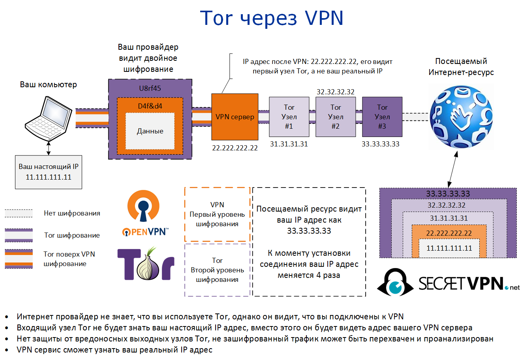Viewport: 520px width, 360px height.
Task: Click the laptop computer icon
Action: (x=48, y=118)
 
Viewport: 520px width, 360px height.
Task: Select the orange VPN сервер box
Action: (x=235, y=117)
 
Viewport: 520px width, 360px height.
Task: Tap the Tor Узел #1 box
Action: (x=289, y=117)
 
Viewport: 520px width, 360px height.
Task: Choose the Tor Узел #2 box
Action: (x=336, y=117)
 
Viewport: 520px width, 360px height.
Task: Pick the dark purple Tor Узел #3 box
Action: (x=382, y=117)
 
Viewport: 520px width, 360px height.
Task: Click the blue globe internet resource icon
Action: (x=461, y=117)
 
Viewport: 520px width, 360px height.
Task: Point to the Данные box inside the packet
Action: (x=150, y=131)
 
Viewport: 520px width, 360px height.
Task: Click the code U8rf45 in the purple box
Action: (x=150, y=88)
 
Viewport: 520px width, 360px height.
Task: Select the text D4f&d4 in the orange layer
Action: (x=150, y=106)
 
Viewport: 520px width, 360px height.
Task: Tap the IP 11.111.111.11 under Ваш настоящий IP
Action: (x=49, y=177)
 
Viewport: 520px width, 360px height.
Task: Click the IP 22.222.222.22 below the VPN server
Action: (x=235, y=148)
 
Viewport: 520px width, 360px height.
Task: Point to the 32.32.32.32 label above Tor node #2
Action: (x=336, y=92)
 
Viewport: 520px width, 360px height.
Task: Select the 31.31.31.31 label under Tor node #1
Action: (x=289, y=144)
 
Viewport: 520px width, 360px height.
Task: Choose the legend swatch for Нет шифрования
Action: (x=19, y=213)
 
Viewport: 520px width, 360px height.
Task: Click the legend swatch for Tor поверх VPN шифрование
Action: (x=19, y=259)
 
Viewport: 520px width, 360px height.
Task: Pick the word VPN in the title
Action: (x=324, y=18)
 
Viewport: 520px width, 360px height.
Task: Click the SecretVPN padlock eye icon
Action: (x=395, y=282)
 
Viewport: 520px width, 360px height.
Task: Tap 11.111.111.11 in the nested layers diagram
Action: (x=449, y=248)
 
